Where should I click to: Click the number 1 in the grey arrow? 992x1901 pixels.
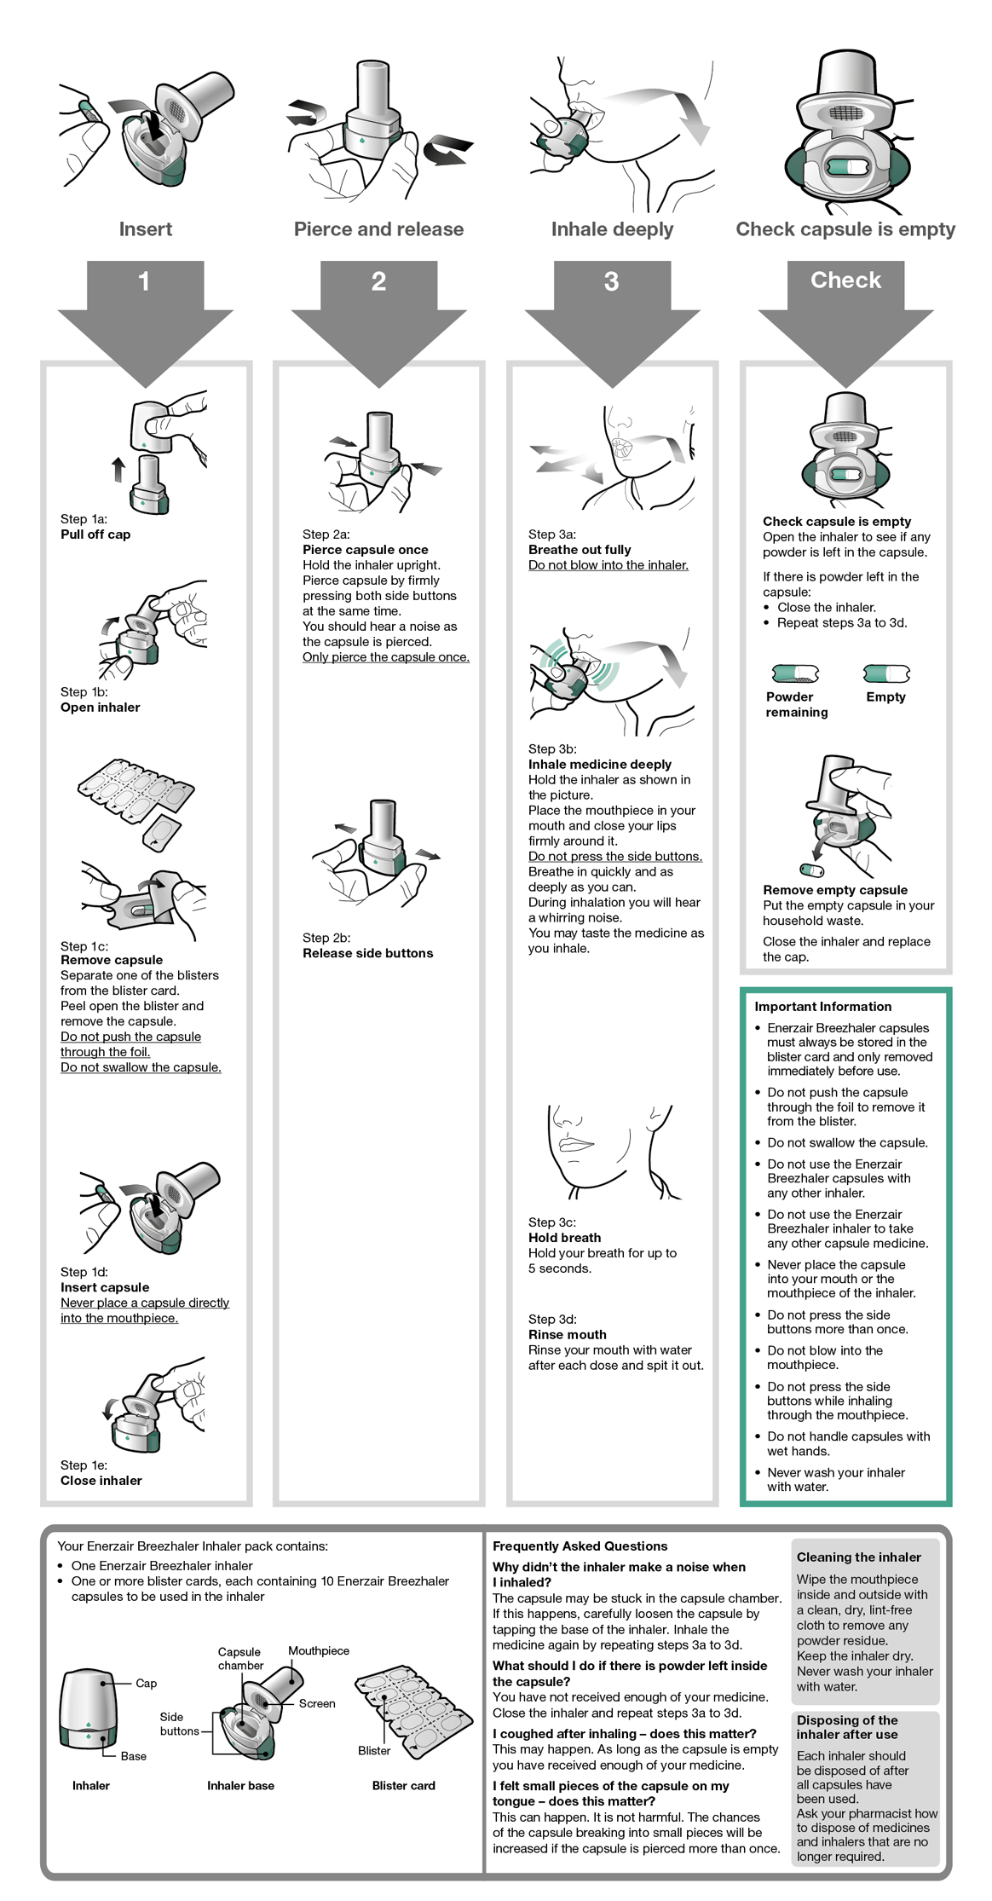coord(144,281)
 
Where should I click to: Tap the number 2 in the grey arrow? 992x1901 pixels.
coord(378,281)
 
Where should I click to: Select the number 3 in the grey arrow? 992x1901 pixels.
coord(611,281)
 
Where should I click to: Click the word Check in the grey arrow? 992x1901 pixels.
coord(845,280)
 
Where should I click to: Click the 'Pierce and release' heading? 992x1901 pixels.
coord(378,229)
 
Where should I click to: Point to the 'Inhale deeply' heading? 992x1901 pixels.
coord(612,229)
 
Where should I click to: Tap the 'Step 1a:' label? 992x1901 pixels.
coord(84,518)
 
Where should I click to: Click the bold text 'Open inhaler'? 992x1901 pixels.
coord(100,707)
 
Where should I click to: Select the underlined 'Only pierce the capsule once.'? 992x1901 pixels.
coord(385,657)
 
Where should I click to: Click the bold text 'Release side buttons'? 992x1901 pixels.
coord(367,953)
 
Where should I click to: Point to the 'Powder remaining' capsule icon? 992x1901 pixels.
coord(795,674)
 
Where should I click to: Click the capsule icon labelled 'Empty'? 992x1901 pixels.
coord(886,674)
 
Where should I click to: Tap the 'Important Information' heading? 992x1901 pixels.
coord(822,1006)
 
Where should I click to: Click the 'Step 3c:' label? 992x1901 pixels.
coord(551,1222)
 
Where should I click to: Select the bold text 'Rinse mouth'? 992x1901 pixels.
coord(567,1334)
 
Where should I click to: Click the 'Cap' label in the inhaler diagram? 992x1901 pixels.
coord(146,1683)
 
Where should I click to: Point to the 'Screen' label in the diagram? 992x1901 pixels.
coord(316,1703)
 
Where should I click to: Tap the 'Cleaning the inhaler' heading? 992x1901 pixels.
coord(858,1557)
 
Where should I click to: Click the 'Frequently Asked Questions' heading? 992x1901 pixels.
coord(580,1546)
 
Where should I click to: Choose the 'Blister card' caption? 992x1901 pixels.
coord(403,1785)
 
